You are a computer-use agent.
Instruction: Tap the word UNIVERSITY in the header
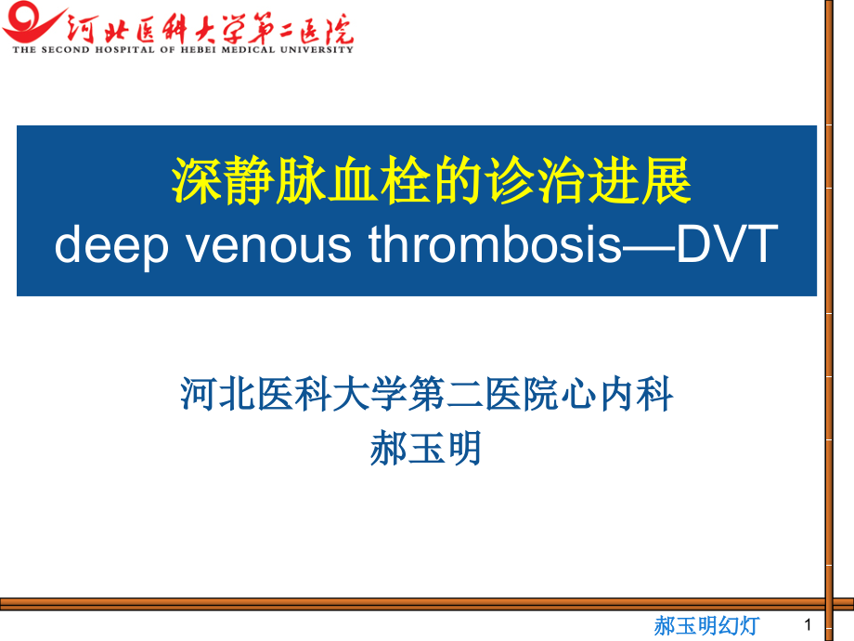click(317, 49)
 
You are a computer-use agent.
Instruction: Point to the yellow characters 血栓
click(379, 181)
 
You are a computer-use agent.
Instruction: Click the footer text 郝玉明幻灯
click(707, 626)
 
